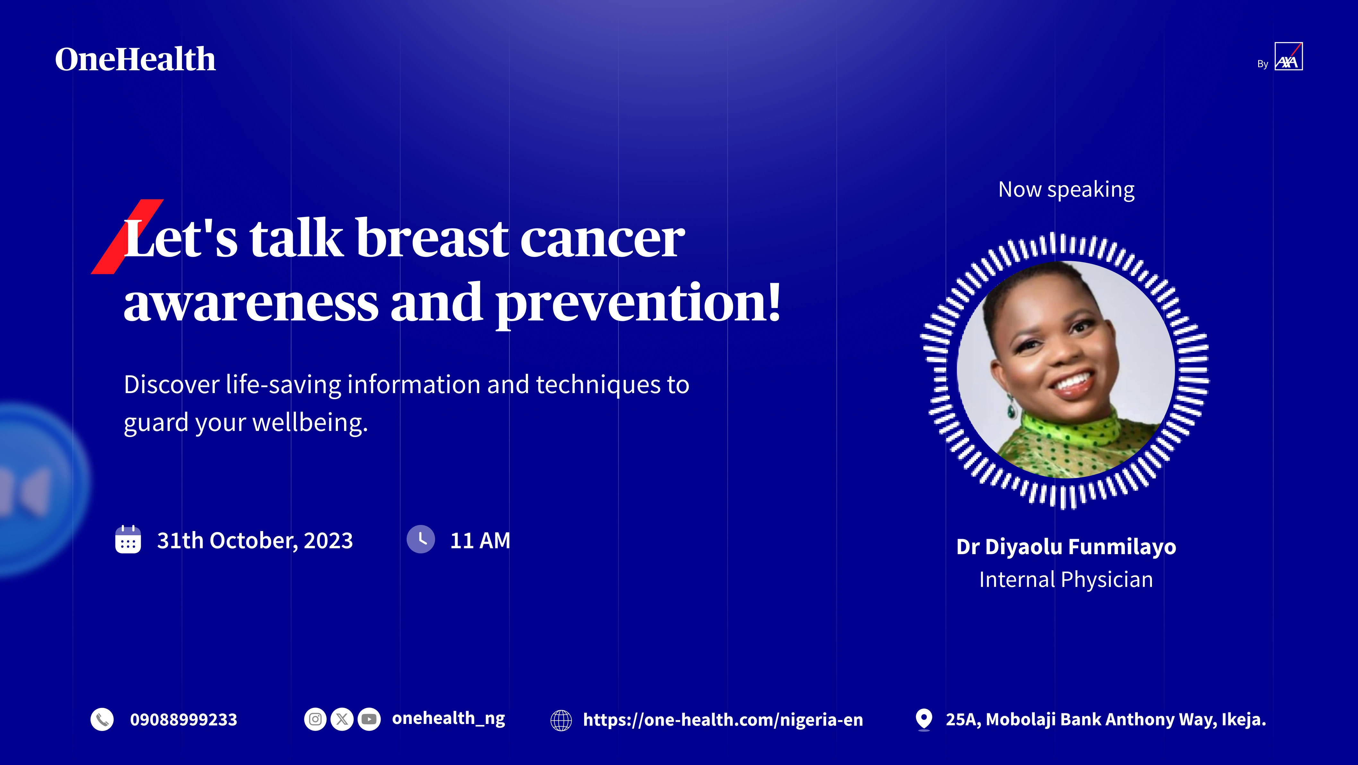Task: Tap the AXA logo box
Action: (1288, 56)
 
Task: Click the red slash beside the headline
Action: (127, 237)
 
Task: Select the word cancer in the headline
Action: (602, 239)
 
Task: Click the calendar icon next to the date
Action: (128, 539)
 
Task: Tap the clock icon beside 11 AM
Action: (421, 539)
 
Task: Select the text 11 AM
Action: (480, 540)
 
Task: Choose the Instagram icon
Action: (315, 719)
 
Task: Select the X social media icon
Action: (342, 719)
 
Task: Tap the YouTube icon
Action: (369, 719)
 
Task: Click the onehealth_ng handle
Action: (449, 718)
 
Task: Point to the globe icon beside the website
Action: (561, 720)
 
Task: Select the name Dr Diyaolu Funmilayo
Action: (1066, 547)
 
